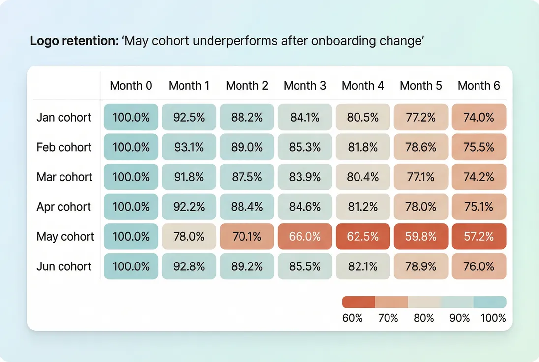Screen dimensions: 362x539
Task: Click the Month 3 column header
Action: click(x=305, y=86)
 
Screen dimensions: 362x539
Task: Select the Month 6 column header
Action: click(x=479, y=86)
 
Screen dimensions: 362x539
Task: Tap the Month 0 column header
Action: click(x=131, y=86)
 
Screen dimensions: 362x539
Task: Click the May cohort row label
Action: click(x=65, y=237)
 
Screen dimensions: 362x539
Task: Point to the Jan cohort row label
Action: click(x=64, y=118)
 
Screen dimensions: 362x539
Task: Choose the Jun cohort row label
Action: click(x=64, y=266)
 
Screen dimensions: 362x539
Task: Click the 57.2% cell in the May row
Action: click(x=479, y=237)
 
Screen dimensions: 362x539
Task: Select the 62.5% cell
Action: click(x=363, y=237)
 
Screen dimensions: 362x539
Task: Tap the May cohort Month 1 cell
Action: click(x=189, y=237)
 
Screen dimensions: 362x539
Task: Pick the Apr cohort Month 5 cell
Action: click(x=421, y=207)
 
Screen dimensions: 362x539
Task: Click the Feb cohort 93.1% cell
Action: click(x=189, y=147)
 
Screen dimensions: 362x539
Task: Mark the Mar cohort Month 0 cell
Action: click(x=131, y=177)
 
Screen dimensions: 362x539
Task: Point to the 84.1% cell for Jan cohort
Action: click(x=305, y=118)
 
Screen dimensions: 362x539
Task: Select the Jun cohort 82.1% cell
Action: click(x=363, y=266)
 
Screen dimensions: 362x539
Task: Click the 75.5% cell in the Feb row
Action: click(x=479, y=147)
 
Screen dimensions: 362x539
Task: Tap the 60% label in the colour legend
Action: click(x=352, y=318)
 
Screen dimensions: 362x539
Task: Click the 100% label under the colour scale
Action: click(x=493, y=318)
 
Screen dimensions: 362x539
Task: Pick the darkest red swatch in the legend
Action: click(x=359, y=302)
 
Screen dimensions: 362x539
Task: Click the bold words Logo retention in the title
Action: click(x=74, y=41)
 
